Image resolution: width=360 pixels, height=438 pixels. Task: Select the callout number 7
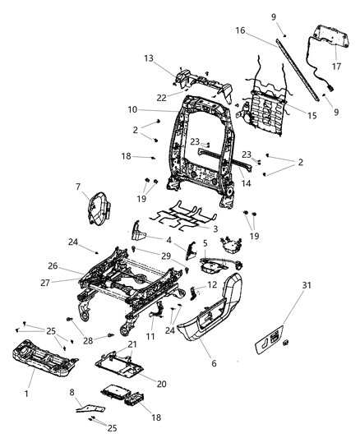click(x=101, y=187)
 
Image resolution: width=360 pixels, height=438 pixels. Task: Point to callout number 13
click(x=149, y=58)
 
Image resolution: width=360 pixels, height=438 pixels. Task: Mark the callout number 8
click(x=72, y=394)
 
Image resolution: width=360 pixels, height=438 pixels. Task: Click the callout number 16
click(x=241, y=30)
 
